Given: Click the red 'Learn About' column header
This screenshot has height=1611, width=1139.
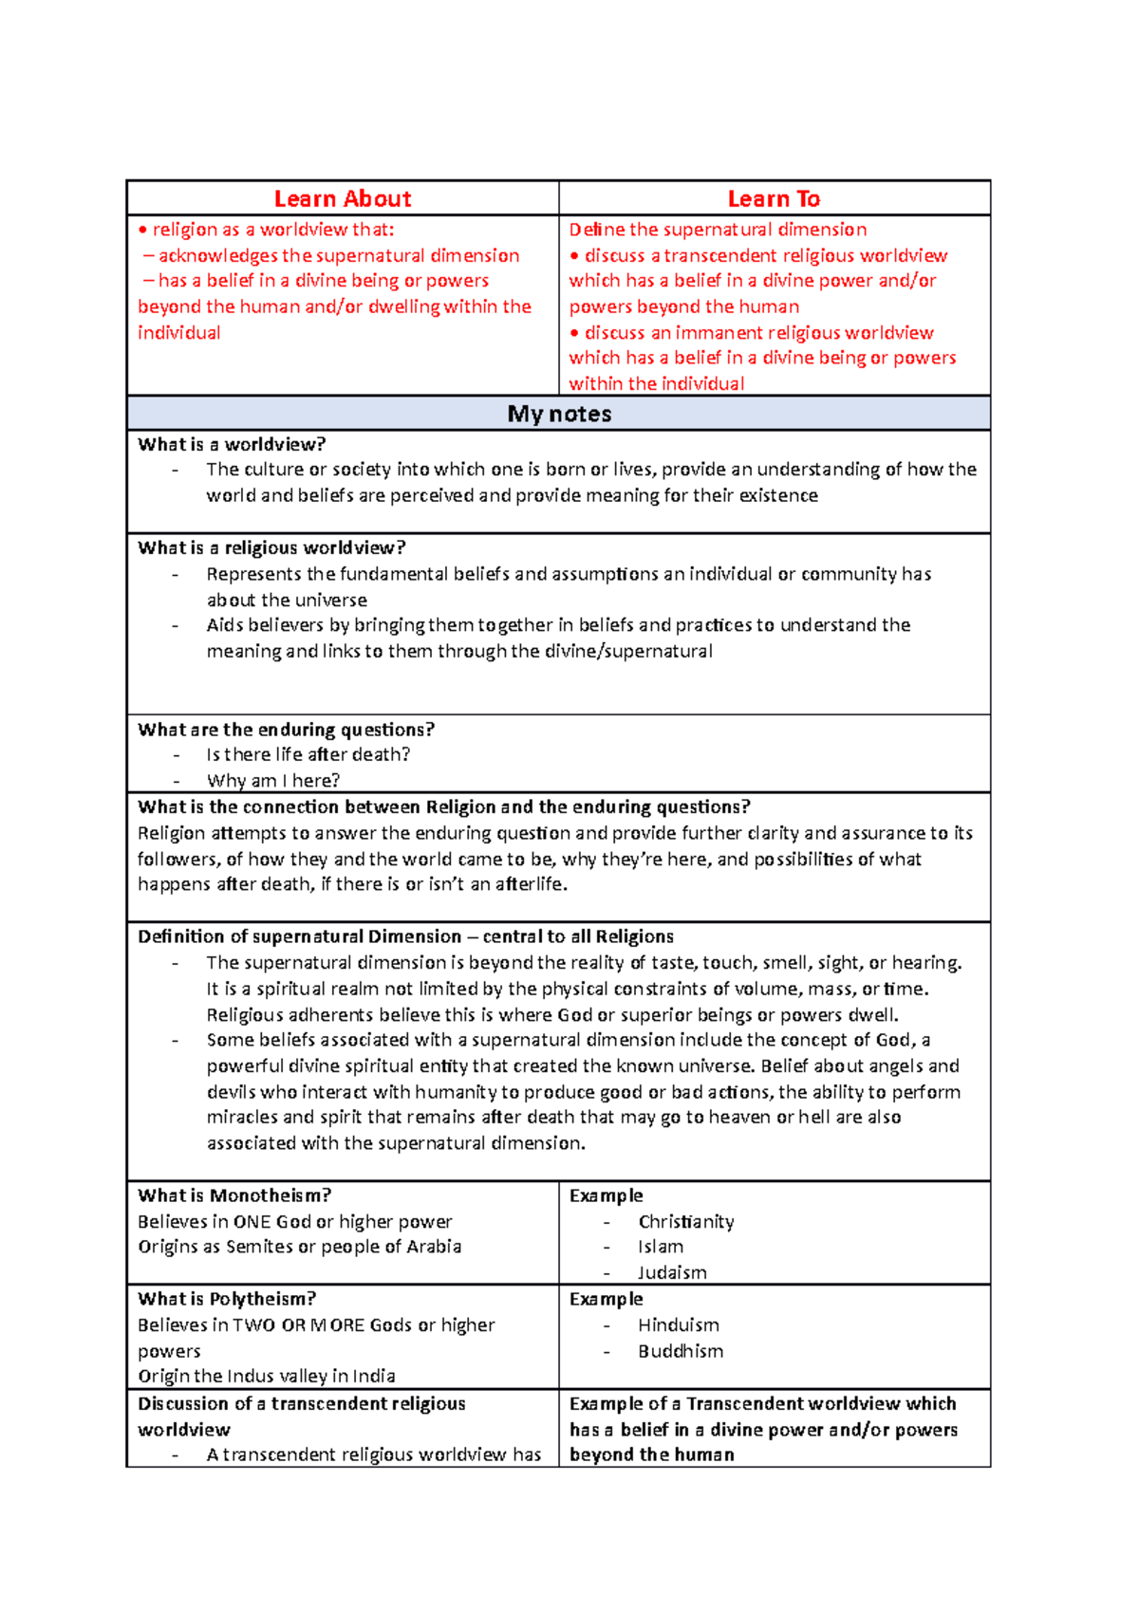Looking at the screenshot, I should [x=343, y=198].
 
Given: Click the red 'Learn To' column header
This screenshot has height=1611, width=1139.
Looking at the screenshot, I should [x=774, y=198].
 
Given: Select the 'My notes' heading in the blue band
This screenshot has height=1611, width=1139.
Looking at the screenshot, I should [x=559, y=414].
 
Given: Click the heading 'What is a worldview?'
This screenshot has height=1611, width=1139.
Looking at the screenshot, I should [x=232, y=444].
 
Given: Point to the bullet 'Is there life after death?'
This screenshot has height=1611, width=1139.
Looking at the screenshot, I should [x=308, y=754].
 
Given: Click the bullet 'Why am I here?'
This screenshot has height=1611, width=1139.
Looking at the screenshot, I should [x=273, y=781].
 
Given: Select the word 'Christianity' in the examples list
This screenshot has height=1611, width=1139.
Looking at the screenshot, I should [x=686, y=1222].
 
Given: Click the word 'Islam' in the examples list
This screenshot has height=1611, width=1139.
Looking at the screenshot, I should [x=661, y=1247].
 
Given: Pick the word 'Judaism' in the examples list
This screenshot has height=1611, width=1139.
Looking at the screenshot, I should [x=672, y=1273].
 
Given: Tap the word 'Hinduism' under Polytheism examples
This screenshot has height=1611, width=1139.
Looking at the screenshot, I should [x=679, y=1324].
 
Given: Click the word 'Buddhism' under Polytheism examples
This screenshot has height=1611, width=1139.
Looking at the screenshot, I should [x=681, y=1351].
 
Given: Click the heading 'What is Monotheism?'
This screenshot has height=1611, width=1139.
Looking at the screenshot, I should [x=234, y=1195].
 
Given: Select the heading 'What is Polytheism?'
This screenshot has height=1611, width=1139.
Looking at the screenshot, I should [x=227, y=1299].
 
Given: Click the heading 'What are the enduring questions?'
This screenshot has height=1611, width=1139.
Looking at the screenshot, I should [x=286, y=730].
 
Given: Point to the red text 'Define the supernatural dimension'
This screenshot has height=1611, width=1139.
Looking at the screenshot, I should [x=718, y=230].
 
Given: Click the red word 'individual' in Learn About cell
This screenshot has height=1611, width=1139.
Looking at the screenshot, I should [x=179, y=333].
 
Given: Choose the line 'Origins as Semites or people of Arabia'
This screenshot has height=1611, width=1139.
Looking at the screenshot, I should [x=300, y=1247].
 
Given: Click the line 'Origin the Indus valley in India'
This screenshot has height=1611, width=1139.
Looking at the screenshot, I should [x=267, y=1376].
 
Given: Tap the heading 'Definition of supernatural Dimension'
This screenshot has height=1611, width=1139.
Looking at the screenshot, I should [x=299, y=936].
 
